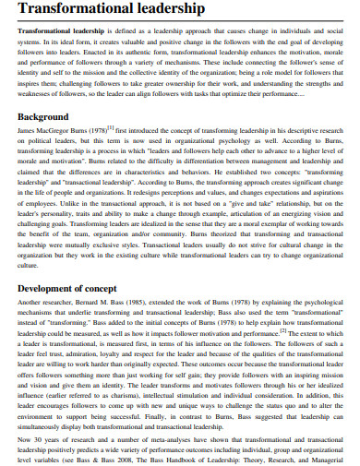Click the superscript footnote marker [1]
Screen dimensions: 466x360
tap(110, 159)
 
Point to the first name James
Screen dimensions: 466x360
tap(29, 161)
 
